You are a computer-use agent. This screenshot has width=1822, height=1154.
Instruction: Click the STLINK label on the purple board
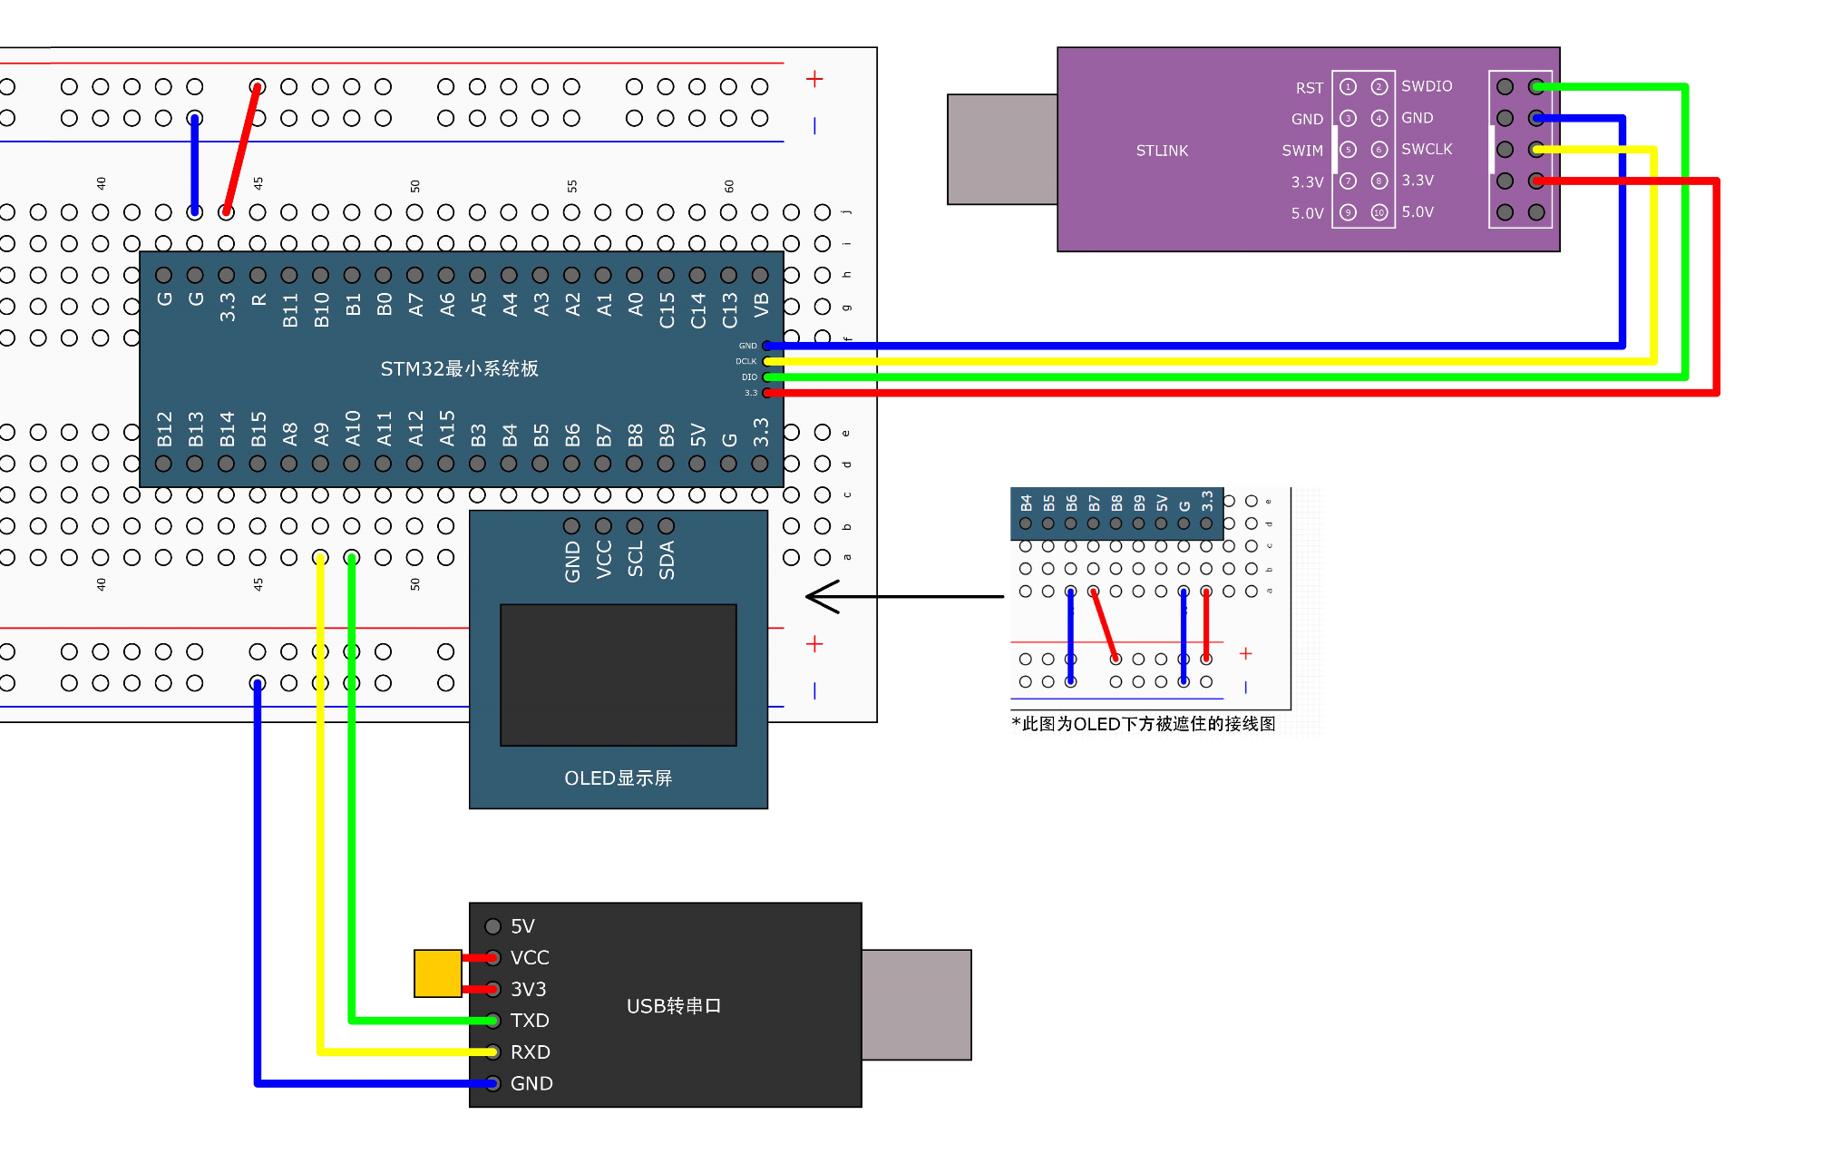[1161, 151]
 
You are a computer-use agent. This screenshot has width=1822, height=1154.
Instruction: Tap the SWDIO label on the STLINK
[1426, 86]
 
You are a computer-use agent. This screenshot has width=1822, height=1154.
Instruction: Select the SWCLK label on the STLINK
[1426, 149]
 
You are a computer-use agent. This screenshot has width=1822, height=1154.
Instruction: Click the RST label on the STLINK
[1309, 88]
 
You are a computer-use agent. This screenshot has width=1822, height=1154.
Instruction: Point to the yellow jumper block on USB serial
[437, 973]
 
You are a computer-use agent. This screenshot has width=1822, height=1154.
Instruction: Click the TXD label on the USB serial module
[530, 1021]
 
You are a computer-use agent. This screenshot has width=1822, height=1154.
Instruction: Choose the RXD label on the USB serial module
[530, 1052]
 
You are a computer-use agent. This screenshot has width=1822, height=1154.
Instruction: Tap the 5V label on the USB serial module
[522, 926]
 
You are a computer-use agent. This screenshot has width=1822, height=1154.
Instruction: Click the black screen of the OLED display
[618, 675]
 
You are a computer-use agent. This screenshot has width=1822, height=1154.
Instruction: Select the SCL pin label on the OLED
[635, 559]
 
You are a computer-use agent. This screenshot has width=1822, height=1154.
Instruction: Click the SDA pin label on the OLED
[667, 560]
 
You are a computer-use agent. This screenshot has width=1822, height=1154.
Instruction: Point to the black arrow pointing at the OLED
[902, 597]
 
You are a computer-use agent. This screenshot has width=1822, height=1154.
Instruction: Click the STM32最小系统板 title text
[459, 368]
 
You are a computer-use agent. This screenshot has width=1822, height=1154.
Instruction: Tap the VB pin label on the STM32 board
[761, 305]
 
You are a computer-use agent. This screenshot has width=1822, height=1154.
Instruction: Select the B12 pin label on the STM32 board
[164, 429]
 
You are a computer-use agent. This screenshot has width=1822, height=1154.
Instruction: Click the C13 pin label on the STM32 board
[729, 310]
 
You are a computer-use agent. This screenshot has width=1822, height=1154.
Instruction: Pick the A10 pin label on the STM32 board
[353, 428]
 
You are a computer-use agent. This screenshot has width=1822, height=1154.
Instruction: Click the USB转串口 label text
[673, 1006]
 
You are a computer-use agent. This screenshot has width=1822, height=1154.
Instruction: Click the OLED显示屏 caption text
[618, 778]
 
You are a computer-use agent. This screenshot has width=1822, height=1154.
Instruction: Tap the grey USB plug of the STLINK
[1001, 150]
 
